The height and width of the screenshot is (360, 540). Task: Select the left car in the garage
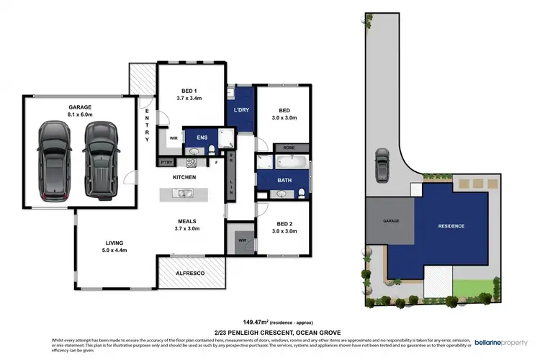(54, 160)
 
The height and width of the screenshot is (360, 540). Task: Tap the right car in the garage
(100, 160)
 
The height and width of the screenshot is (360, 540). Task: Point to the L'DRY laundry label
(242, 109)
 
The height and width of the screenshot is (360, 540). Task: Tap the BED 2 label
(284, 223)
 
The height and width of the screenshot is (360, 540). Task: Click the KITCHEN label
(184, 177)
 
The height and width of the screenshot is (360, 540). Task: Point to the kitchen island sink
(183, 193)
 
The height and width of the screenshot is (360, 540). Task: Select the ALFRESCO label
(190, 274)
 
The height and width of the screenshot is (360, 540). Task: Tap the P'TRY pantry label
(167, 163)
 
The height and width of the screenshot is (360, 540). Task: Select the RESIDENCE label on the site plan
(452, 226)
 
